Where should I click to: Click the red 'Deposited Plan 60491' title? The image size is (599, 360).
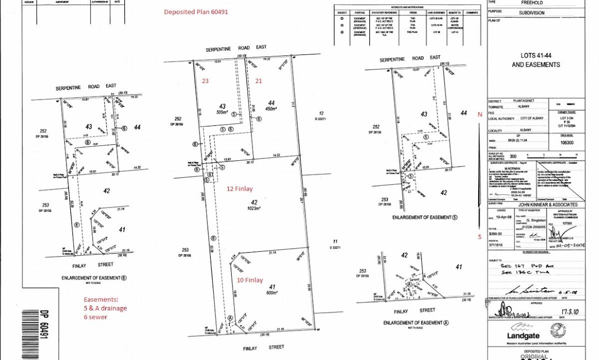pyautogui.click(x=196, y=12)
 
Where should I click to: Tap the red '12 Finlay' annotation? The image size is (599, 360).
pyautogui.click(x=239, y=189)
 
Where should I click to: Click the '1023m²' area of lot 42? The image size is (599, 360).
pyautogui.click(x=256, y=209)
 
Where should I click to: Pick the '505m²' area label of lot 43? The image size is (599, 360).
pyautogui.click(x=223, y=113)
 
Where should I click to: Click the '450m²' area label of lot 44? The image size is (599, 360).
pyautogui.click(x=271, y=108)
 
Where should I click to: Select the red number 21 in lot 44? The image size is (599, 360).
pyautogui.click(x=259, y=80)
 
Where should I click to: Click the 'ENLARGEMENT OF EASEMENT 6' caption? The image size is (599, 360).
pyautogui.click(x=94, y=278)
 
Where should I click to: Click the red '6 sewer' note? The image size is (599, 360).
pyautogui.click(x=95, y=317)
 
